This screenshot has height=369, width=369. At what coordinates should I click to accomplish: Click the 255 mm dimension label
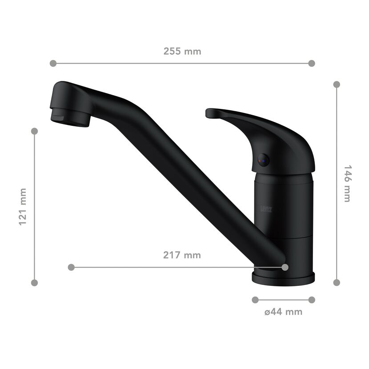coord(182,51)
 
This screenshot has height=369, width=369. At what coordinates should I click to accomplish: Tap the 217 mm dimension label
coord(182,255)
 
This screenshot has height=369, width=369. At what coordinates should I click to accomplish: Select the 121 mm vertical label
coord(23,207)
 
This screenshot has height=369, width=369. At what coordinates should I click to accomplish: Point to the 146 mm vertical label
coord(347,184)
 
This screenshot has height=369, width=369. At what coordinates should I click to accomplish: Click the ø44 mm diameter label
coord(283,312)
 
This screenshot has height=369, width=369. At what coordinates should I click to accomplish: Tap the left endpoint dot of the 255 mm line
coord(53,63)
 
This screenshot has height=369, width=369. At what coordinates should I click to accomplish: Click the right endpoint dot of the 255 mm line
coord(312,63)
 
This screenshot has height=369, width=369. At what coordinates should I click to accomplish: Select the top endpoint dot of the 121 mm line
coord(34,131)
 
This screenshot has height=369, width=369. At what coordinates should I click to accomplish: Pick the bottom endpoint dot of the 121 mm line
coord(34,283)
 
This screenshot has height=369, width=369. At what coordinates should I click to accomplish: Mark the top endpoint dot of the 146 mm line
coord(337,84)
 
